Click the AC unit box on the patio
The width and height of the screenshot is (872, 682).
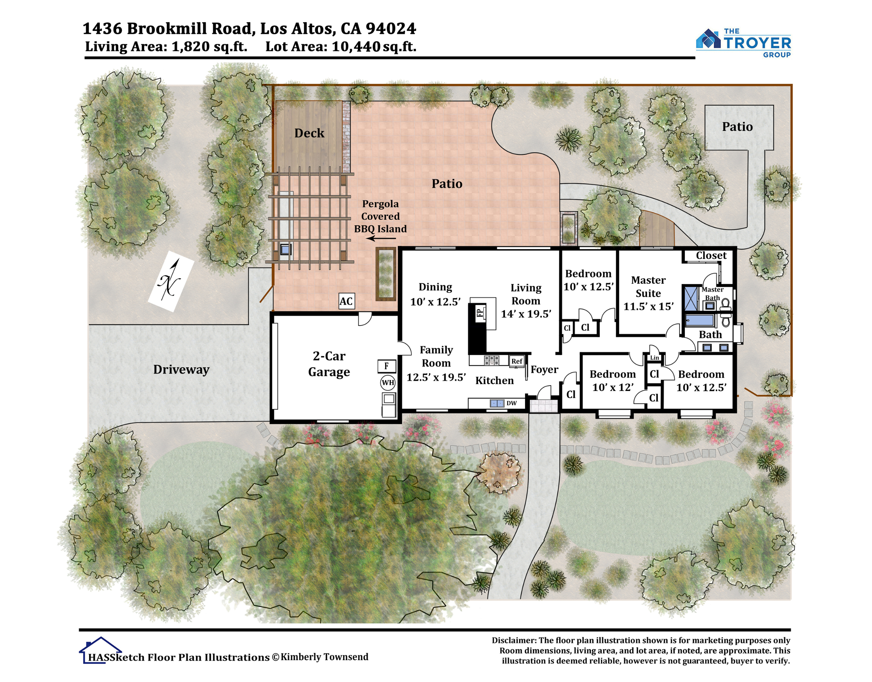(346, 301)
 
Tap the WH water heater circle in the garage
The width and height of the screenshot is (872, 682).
(388, 383)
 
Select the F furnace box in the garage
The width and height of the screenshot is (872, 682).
(387, 366)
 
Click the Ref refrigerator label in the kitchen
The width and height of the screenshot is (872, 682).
(517, 361)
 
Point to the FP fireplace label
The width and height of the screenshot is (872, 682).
(480, 312)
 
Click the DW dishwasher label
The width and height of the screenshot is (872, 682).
(512, 403)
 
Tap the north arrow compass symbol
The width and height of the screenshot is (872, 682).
(170, 281)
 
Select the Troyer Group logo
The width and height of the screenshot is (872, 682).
(743, 43)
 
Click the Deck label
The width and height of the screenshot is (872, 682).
(309, 133)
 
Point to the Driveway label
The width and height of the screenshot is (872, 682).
(181, 370)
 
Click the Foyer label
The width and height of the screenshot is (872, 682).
(544, 370)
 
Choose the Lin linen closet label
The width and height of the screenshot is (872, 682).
(654, 358)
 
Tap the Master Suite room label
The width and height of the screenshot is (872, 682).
(648, 287)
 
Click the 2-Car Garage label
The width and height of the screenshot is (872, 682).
(329, 364)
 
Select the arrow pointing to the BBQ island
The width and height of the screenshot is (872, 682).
(381, 239)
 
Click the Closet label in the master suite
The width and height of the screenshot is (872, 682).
(711, 255)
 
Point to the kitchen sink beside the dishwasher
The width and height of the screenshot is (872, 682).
(497, 403)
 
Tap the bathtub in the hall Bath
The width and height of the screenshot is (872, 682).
(699, 320)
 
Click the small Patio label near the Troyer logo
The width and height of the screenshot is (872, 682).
(737, 126)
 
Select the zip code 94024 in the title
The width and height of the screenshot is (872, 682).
(391, 28)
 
